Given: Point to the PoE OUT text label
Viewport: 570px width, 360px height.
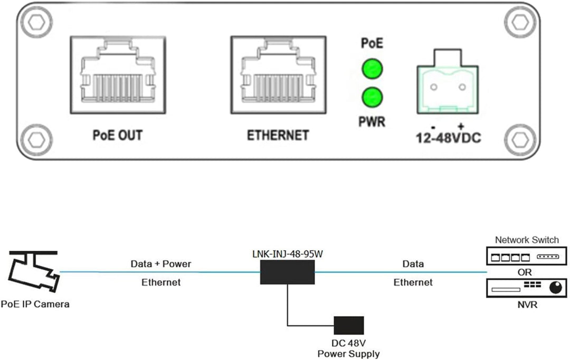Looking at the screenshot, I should click(x=117, y=135).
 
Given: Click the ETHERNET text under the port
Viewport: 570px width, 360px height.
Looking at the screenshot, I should click(x=278, y=135).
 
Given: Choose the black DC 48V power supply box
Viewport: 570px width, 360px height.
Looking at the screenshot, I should click(x=348, y=326).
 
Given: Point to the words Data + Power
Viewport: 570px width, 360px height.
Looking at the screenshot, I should click(x=161, y=264).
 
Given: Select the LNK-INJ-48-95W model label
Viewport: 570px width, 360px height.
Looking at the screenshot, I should click(x=288, y=254).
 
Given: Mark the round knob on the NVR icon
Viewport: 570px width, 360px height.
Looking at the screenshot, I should click(x=555, y=288).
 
